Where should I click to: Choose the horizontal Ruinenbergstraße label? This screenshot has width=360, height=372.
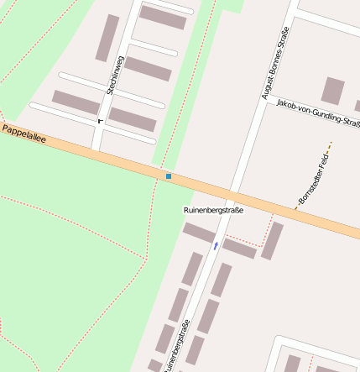[212, 210]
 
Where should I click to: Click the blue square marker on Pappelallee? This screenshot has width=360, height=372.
[169, 176]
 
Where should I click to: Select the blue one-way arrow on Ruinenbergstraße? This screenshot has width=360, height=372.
[216, 245]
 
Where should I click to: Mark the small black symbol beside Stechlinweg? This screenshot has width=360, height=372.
[100, 121]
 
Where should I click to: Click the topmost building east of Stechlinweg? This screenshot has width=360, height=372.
[162, 17]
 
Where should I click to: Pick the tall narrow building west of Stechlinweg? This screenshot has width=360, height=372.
[107, 38]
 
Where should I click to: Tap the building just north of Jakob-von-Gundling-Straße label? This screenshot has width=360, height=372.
[333, 90]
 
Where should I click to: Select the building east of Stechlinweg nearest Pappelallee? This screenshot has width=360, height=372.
[133, 119]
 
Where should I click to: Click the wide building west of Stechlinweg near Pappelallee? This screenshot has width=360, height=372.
[76, 102]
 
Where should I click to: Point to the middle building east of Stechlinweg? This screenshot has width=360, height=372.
[148, 69]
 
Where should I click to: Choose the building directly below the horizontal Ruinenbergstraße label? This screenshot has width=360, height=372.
[199, 233]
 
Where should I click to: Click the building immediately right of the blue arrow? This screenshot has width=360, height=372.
[239, 249]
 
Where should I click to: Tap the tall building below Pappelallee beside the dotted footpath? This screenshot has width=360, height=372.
[271, 240]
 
